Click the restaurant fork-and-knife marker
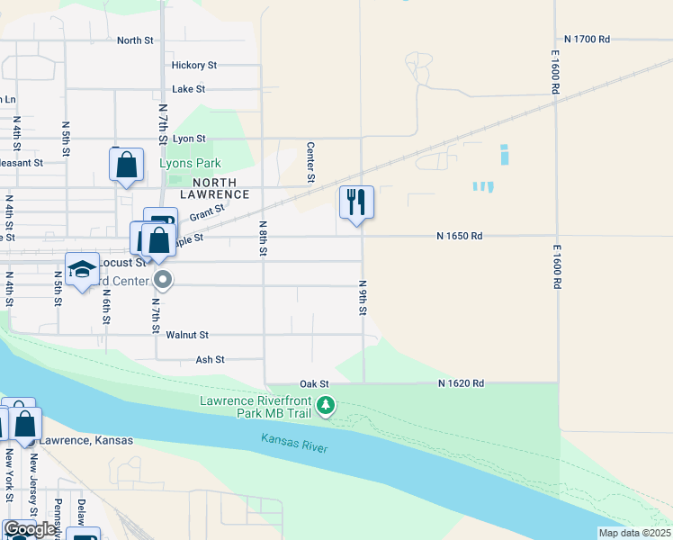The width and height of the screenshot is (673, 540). (356, 202)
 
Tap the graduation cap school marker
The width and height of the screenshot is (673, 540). (82, 268)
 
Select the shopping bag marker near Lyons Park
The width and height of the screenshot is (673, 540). (126, 164)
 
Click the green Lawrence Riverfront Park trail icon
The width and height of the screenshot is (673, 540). (326, 406)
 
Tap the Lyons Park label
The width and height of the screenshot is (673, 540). (190, 164)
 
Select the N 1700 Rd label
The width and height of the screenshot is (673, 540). (588, 40)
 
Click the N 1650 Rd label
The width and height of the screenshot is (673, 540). (460, 236)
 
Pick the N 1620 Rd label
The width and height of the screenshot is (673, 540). (462, 383)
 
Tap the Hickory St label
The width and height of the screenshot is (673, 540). (194, 65)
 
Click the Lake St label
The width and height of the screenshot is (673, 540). (189, 89)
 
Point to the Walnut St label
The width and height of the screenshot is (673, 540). (188, 335)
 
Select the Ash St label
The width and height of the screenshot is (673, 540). (210, 359)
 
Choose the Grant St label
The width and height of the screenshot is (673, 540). (206, 212)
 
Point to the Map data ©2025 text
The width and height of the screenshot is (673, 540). (633, 533)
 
